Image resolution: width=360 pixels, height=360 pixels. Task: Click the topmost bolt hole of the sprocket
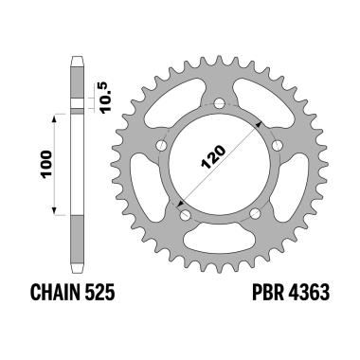coord(219,102)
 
